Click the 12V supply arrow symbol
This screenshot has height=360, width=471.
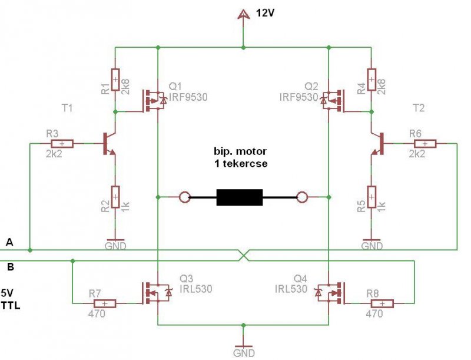click(243, 14)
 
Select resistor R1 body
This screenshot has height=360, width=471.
click(115, 80)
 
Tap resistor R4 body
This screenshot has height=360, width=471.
click(372, 80)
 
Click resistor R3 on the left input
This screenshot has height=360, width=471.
click(62, 144)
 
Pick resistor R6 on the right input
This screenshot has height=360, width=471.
click(425, 144)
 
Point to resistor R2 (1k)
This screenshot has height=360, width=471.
click(115, 197)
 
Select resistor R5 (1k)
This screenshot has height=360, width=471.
click(372, 197)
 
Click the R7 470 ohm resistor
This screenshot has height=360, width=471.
click(105, 303)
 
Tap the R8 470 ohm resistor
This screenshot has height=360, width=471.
click(382, 303)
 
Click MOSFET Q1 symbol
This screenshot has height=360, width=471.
click(154, 101)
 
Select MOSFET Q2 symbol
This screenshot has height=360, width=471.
click(333, 101)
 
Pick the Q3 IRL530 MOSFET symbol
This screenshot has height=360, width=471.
click(157, 293)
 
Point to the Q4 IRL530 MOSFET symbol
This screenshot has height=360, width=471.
click(329, 293)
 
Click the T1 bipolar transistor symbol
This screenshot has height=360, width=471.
click(109, 144)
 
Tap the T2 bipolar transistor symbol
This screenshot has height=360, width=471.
click(378, 144)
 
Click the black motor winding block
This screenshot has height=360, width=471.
click(240, 197)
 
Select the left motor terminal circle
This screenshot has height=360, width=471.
click(184, 197)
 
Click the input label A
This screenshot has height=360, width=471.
click(9, 242)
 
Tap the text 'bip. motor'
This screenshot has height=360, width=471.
click(240, 151)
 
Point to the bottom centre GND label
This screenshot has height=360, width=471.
click(244, 353)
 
